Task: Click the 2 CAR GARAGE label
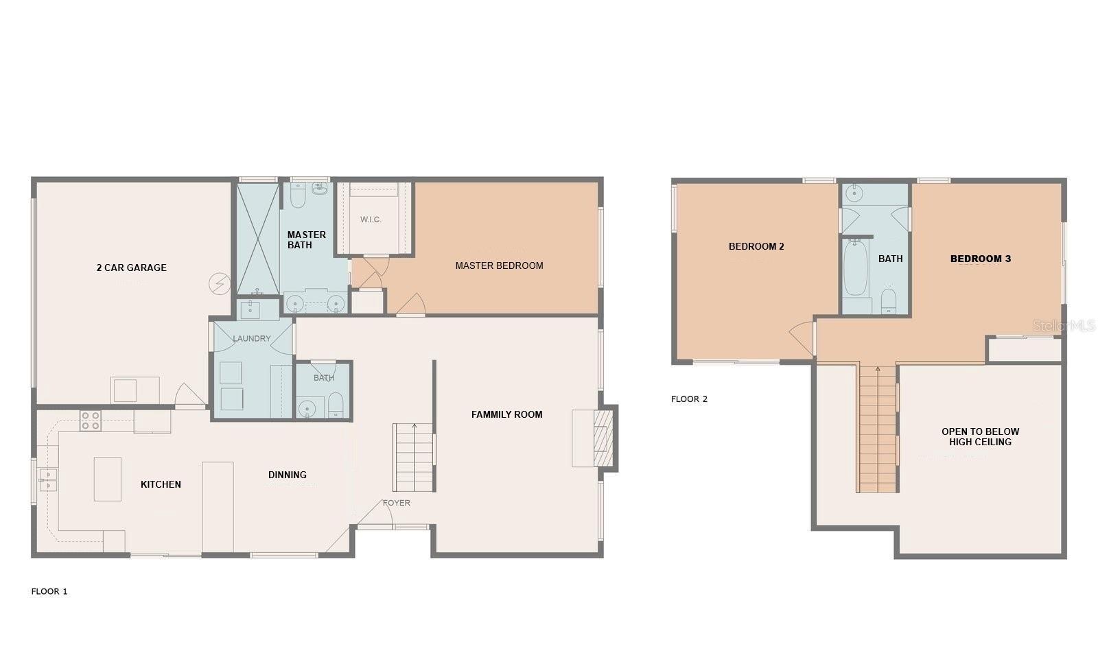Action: [131, 268]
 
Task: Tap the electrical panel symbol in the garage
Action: [220, 283]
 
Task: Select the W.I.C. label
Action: [371, 220]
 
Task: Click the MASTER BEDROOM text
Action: [499, 265]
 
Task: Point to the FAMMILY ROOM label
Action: [507, 414]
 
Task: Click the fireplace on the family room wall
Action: [603, 438]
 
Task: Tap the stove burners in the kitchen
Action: [91, 421]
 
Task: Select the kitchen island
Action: [107, 479]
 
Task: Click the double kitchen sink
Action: [48, 480]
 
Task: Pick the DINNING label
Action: [288, 475]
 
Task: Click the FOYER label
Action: [397, 503]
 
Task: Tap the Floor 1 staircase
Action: [414, 458]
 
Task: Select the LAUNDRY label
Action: [251, 338]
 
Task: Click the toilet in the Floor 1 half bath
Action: [336, 405]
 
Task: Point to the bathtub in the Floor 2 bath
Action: [856, 267]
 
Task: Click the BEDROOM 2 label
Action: [756, 246]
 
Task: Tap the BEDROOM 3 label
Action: [981, 259]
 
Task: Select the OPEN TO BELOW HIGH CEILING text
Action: [981, 436]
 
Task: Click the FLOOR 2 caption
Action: [689, 399]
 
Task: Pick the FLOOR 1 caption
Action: [49, 591]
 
